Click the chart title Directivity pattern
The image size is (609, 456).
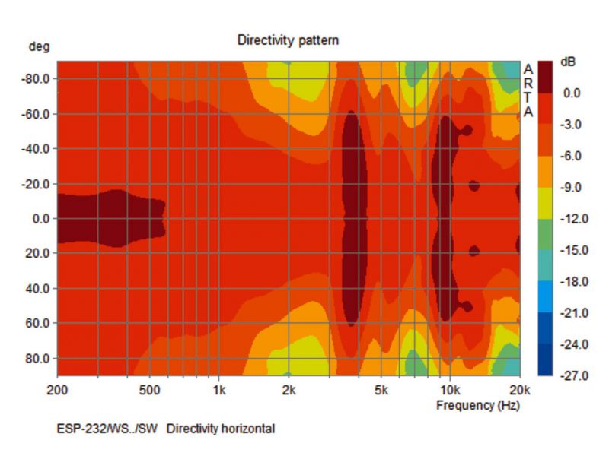point(288,40)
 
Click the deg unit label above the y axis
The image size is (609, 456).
point(39,47)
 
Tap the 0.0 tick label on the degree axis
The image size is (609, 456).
point(40,219)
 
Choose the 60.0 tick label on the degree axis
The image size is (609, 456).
point(39,323)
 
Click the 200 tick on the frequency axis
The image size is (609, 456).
point(58,391)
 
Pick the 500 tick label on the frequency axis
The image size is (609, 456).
point(149,391)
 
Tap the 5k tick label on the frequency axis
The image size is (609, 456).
point(381,391)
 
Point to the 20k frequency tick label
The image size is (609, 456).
point(519,391)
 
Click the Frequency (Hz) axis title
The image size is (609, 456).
point(478,405)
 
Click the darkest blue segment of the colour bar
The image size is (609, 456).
point(545,359)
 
